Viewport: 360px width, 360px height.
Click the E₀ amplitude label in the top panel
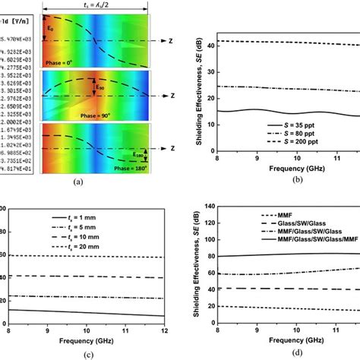point(52,30)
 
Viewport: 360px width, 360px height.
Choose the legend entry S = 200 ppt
point(310,143)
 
